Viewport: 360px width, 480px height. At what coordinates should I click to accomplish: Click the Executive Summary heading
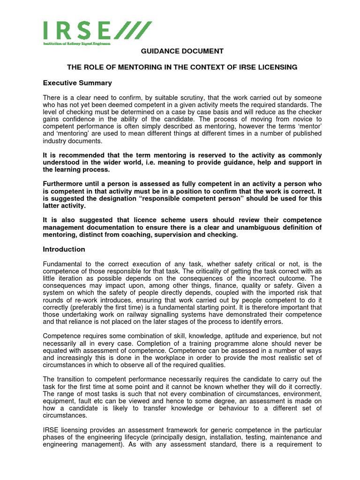[77, 83]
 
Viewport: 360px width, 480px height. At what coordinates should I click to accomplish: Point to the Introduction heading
[64, 249]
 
